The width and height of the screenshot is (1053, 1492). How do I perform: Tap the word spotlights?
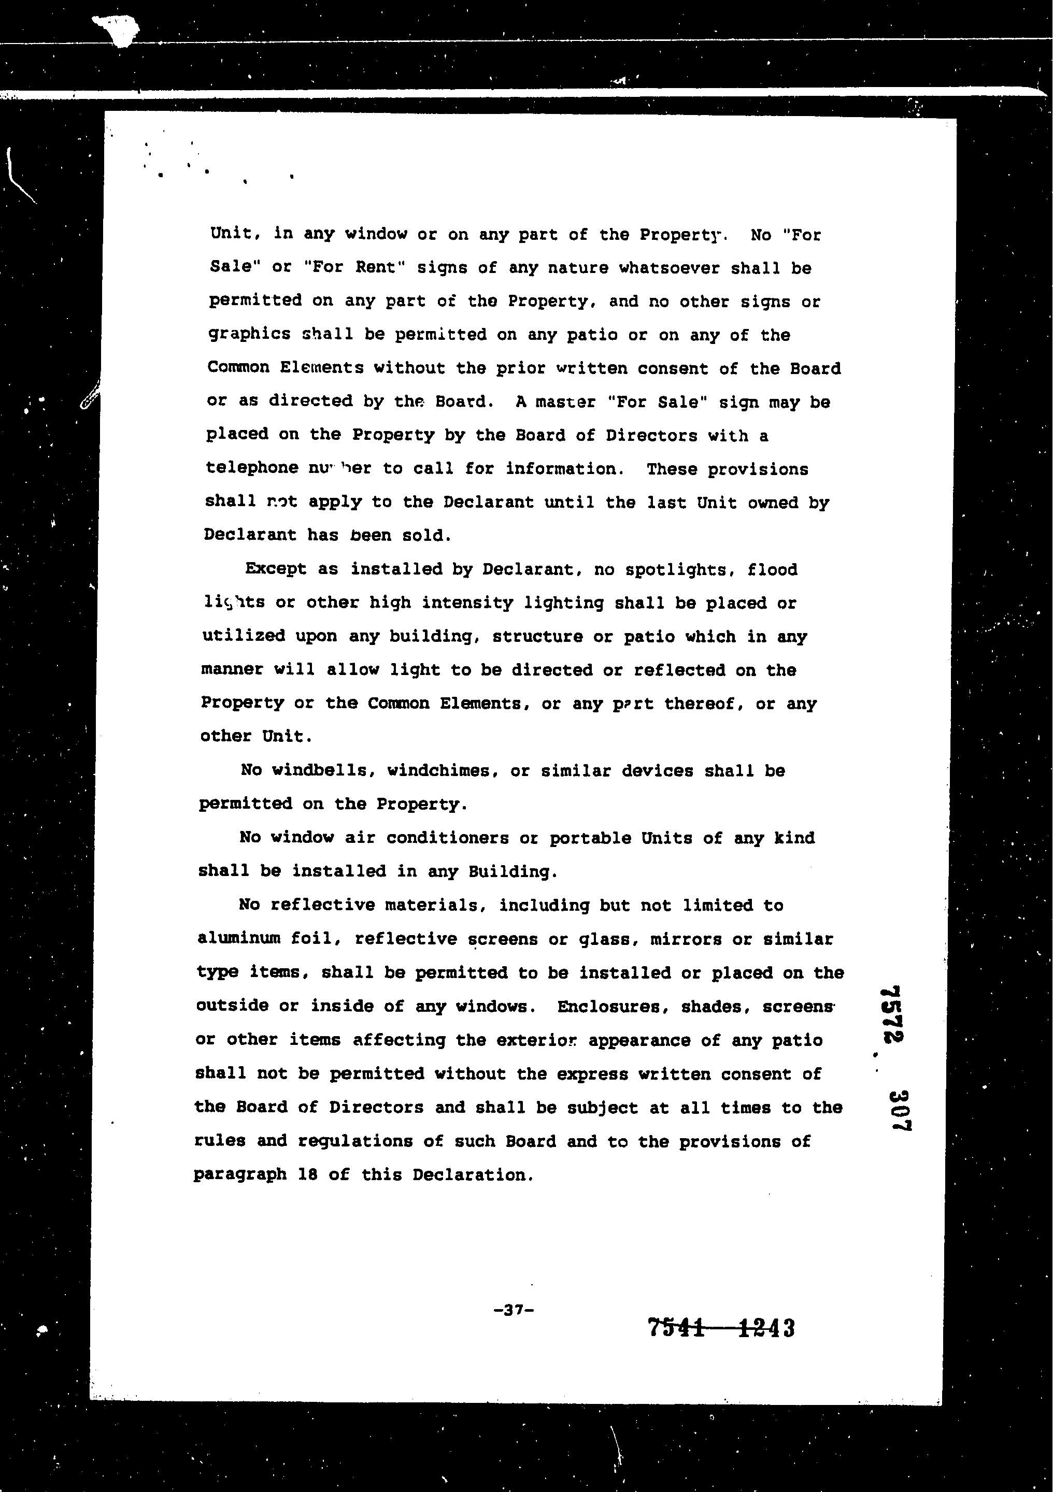pos(679,570)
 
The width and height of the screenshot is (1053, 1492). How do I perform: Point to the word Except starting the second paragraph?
pos(276,569)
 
